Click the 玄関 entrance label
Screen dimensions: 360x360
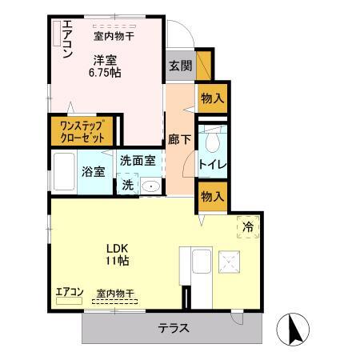click(x=181, y=66)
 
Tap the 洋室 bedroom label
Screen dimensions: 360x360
click(x=104, y=58)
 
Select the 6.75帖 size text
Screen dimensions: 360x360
click(x=104, y=71)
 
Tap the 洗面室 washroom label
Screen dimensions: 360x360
click(x=138, y=159)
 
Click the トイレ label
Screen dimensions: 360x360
click(x=210, y=165)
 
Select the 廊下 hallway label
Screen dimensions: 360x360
click(x=178, y=138)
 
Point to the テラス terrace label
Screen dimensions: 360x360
click(x=173, y=326)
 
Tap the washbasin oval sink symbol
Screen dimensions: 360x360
click(x=150, y=185)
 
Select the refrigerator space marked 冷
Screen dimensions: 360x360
click(x=249, y=227)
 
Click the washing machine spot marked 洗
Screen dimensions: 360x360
click(x=128, y=185)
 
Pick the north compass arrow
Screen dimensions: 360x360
click(x=292, y=329)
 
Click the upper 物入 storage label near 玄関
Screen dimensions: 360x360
click(x=211, y=98)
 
